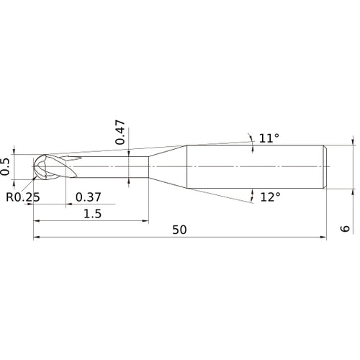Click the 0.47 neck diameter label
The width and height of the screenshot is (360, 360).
[120, 132]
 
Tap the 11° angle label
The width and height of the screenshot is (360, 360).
[269, 138]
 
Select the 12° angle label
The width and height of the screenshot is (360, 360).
[270, 197]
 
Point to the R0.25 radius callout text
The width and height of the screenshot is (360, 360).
[23, 197]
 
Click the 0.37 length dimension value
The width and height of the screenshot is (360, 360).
[89, 197]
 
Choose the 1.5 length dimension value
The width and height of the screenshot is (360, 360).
[92, 214]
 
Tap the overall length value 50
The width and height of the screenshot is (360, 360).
[179, 230]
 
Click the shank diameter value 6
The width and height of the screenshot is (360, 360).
[345, 228]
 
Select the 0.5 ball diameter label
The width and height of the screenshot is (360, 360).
[5, 167]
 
